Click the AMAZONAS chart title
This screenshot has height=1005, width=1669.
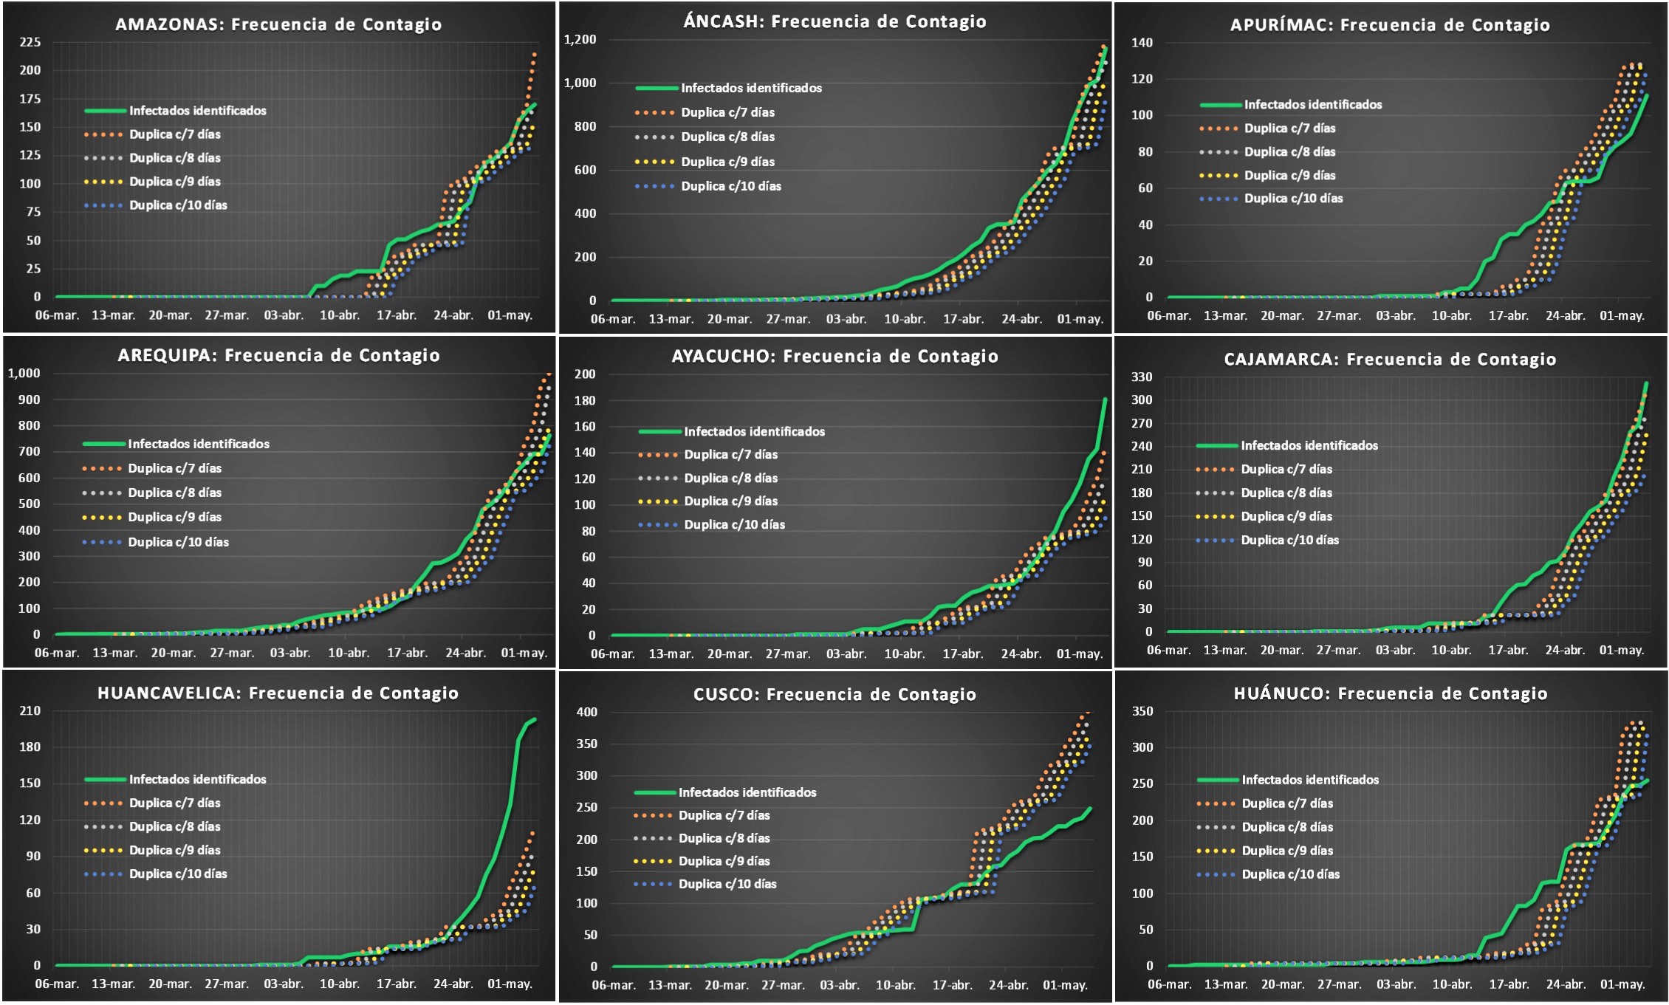point(278,24)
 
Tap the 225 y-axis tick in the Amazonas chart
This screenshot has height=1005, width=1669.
point(30,42)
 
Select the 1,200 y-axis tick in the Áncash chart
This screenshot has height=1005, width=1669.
point(580,39)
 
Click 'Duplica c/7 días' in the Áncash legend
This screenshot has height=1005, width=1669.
point(727,112)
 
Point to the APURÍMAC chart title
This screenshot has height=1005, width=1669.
point(1390,25)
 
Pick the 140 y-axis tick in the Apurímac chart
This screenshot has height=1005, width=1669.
point(1142,43)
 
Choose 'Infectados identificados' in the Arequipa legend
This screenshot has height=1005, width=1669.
point(199,444)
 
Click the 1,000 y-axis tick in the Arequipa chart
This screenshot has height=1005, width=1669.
point(24,373)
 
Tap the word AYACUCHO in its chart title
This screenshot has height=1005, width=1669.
point(723,357)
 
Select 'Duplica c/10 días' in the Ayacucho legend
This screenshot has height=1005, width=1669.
point(734,524)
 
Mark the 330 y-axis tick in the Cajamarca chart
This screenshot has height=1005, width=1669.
point(1142,377)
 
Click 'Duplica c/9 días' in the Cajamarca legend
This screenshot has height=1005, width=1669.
point(1286,516)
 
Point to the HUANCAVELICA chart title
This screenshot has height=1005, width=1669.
point(278,693)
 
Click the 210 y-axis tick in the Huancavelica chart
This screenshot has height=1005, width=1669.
point(30,710)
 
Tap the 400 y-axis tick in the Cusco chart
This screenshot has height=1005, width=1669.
point(586,712)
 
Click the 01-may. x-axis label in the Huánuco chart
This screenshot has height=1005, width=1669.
point(1622,984)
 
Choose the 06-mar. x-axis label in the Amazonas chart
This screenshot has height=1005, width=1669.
point(57,315)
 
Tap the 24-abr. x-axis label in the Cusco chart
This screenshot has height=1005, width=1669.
point(1008,985)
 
